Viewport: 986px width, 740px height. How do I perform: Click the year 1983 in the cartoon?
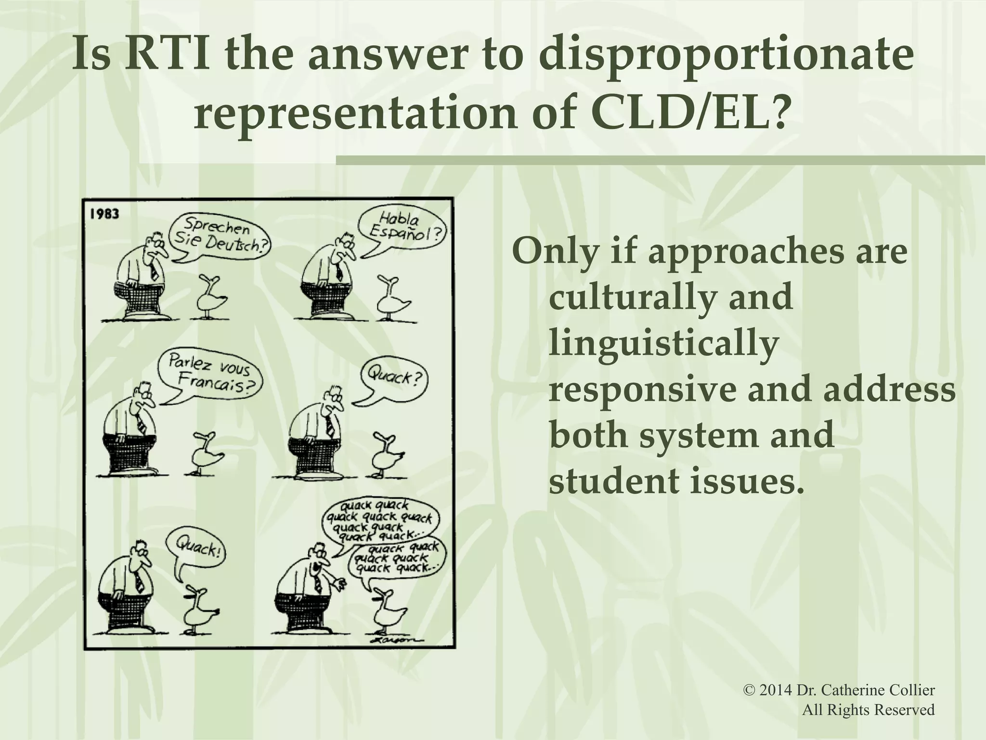pos(104,213)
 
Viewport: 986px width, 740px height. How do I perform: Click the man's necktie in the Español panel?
pos(339,273)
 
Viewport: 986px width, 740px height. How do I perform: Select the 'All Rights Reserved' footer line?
pos(868,710)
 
